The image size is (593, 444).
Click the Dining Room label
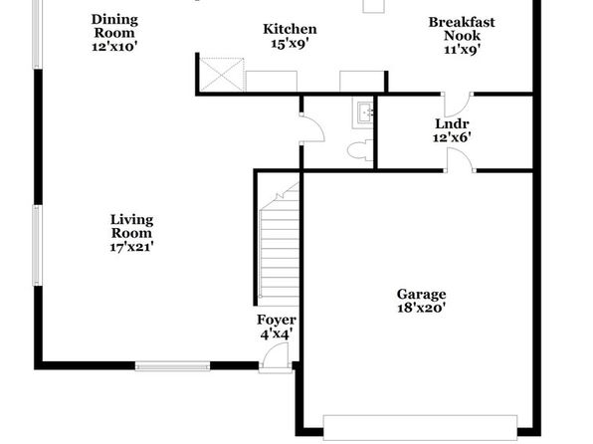[114, 26]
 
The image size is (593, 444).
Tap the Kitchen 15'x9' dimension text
[290, 44]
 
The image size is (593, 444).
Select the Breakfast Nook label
[462, 29]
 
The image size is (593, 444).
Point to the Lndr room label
[452, 123]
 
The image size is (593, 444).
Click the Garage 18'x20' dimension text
[421, 308]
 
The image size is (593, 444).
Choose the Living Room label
[131, 226]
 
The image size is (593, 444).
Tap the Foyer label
[276, 320]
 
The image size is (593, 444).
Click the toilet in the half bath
[359, 150]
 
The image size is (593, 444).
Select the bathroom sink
[363, 112]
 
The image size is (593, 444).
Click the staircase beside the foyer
[280, 244]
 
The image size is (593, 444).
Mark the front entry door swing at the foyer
[275, 358]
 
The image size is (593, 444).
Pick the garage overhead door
[420, 428]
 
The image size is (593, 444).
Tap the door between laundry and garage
[460, 160]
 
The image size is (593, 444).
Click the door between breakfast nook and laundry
[457, 105]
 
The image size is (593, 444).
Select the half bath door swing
[312, 128]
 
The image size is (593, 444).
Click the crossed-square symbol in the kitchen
[221, 75]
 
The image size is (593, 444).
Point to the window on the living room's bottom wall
[172, 366]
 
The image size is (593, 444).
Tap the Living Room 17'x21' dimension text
[131, 247]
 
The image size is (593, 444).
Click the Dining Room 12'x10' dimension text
[114, 47]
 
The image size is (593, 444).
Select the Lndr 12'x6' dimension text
[452, 137]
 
